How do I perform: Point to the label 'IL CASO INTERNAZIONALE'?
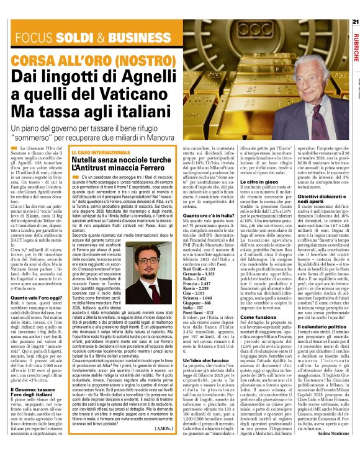click(99, 152)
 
